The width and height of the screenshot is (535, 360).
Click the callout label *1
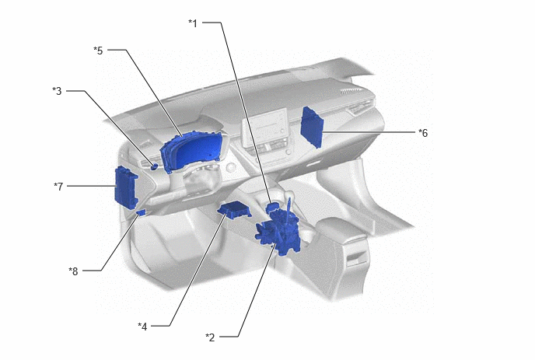(193, 23)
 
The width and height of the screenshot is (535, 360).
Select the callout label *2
(210, 337)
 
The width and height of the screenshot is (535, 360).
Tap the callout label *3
(57, 91)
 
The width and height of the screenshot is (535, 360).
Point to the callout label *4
(142, 327)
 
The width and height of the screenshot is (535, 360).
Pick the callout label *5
(98, 51)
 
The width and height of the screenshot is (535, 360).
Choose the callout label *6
(423, 133)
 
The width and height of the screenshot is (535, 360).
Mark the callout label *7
(58, 187)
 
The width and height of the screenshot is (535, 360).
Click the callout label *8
(73, 271)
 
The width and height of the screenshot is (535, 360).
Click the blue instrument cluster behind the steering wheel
(192, 152)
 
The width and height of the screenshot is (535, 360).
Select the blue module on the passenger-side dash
(312, 128)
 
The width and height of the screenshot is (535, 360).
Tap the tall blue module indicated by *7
(126, 187)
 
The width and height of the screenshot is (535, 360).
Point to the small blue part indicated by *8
(142, 212)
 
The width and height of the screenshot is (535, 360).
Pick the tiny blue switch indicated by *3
(154, 166)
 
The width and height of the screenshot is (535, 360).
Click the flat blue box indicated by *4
(234, 209)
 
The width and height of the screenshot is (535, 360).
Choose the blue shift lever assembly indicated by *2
(278, 232)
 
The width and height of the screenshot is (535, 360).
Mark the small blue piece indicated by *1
(272, 207)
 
